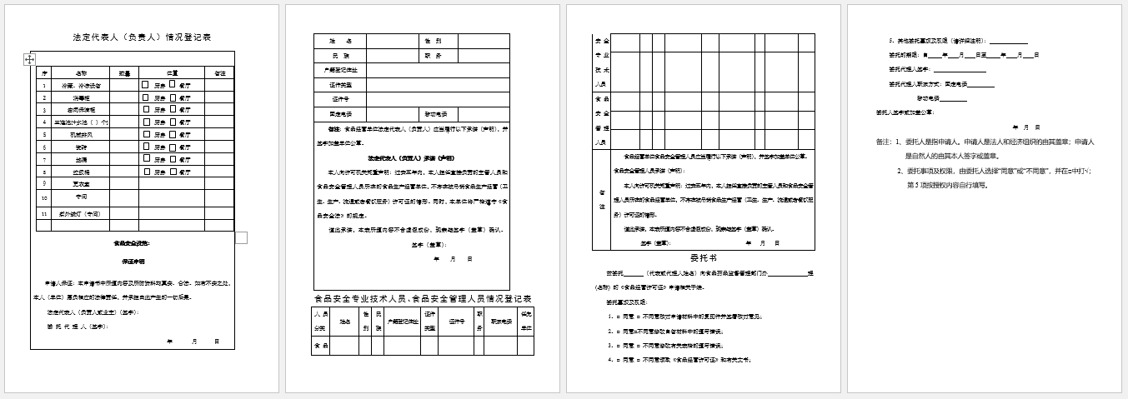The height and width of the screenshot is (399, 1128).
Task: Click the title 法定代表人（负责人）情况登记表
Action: (x=142, y=37)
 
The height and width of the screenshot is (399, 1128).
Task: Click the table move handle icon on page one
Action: (x=30, y=59)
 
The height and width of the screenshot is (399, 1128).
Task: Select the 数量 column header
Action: (x=123, y=72)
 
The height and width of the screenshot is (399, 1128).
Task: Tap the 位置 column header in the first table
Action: (x=172, y=72)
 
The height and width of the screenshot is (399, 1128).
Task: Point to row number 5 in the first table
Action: (x=44, y=134)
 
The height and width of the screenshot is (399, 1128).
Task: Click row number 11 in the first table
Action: (x=44, y=214)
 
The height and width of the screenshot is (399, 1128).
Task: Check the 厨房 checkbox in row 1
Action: (x=145, y=85)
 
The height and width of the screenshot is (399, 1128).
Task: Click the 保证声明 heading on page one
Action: (x=131, y=262)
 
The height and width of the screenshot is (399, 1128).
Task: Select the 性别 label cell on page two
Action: (x=433, y=41)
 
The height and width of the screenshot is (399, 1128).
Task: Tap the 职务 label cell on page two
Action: (x=433, y=56)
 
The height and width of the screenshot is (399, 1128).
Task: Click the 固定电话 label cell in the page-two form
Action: (x=340, y=114)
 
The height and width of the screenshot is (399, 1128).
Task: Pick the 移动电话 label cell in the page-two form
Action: (x=436, y=114)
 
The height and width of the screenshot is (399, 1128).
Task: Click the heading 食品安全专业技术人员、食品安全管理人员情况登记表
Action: (x=423, y=298)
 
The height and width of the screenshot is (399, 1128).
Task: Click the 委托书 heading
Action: (x=703, y=257)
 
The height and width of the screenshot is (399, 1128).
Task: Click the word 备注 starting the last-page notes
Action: (x=884, y=142)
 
